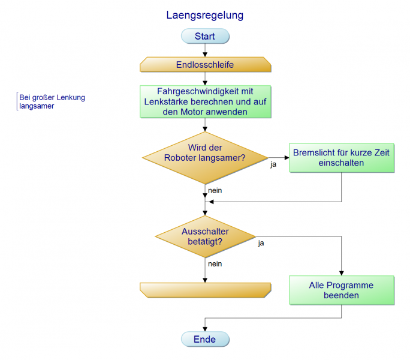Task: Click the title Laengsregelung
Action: [x=205, y=15]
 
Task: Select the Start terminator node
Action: [x=205, y=37]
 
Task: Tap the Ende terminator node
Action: [x=205, y=340]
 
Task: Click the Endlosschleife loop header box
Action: [x=205, y=64]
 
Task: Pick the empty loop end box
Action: [x=205, y=290]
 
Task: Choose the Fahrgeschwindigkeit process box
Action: [x=205, y=101]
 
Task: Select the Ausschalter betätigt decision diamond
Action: [x=205, y=236]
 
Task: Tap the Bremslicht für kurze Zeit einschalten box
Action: [x=341, y=158]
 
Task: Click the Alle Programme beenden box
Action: [x=341, y=290]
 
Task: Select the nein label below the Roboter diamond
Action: [x=215, y=190]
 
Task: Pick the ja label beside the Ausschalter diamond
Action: [x=261, y=244]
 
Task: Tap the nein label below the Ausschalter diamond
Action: [x=215, y=263]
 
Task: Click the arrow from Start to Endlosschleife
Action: [x=205, y=50]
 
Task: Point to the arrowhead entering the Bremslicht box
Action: [x=286, y=157]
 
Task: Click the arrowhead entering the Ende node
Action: [x=205, y=329]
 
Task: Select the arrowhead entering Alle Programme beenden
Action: [x=341, y=273]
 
